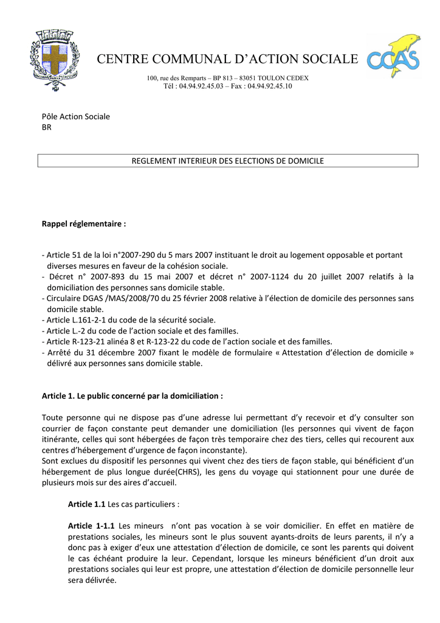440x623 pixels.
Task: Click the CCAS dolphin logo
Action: [x=393, y=57]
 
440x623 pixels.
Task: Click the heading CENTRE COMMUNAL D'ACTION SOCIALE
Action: [x=228, y=60]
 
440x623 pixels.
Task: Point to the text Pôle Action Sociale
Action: [x=75, y=116]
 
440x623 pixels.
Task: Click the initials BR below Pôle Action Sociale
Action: [x=46, y=127]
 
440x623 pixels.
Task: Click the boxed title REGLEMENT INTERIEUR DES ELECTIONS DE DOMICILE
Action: [x=228, y=161]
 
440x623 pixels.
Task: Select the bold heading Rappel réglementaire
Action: [x=84, y=224]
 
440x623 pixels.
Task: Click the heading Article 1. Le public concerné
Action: [x=132, y=396]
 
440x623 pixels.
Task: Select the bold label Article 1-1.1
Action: [x=91, y=526]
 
